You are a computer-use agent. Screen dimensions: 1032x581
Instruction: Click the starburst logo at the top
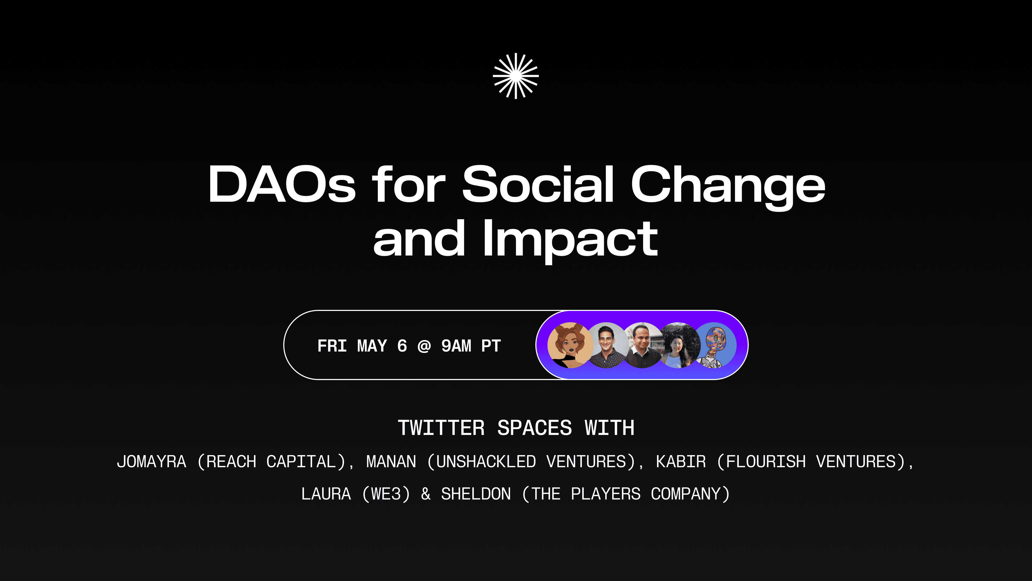(516, 76)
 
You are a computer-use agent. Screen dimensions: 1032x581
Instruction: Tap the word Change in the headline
(728, 188)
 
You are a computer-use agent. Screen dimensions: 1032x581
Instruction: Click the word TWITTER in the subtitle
(441, 428)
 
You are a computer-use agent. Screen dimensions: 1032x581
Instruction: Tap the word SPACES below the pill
(535, 428)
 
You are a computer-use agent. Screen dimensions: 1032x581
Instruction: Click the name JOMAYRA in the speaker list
(151, 462)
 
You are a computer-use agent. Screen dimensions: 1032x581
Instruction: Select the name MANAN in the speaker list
(391, 462)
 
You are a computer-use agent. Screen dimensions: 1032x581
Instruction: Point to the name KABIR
(681, 462)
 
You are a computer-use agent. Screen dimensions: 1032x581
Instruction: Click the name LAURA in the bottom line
(326, 494)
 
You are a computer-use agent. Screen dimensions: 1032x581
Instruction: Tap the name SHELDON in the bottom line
(476, 494)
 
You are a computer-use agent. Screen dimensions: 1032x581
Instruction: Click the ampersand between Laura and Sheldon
(426, 494)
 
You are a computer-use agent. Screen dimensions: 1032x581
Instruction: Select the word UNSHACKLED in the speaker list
(486, 462)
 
